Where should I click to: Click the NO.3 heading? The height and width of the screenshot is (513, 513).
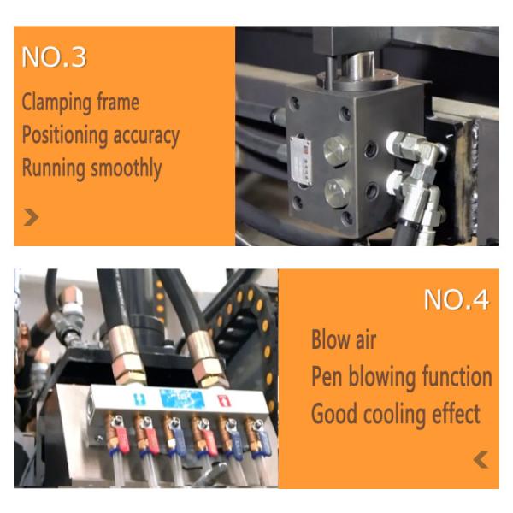pos(54,57)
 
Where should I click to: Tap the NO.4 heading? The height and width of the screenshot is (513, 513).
pos(457,299)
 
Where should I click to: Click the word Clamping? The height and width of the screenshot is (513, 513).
pos(55,103)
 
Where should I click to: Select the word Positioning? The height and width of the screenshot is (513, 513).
pos(65,136)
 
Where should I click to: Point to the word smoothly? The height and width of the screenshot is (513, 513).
pos(127,168)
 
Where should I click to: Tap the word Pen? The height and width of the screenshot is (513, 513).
pos(327,376)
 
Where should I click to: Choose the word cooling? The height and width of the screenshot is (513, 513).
pos(396,415)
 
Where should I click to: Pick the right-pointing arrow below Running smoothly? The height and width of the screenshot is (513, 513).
pos(32,217)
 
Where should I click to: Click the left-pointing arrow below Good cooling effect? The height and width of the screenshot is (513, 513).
pos(481,460)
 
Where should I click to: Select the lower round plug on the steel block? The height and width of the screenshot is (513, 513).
pos(338,192)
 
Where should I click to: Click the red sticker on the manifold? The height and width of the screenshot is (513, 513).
pos(224,401)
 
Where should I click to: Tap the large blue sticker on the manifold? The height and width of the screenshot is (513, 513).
pos(182,398)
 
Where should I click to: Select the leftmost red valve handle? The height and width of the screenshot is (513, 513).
pos(123,440)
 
